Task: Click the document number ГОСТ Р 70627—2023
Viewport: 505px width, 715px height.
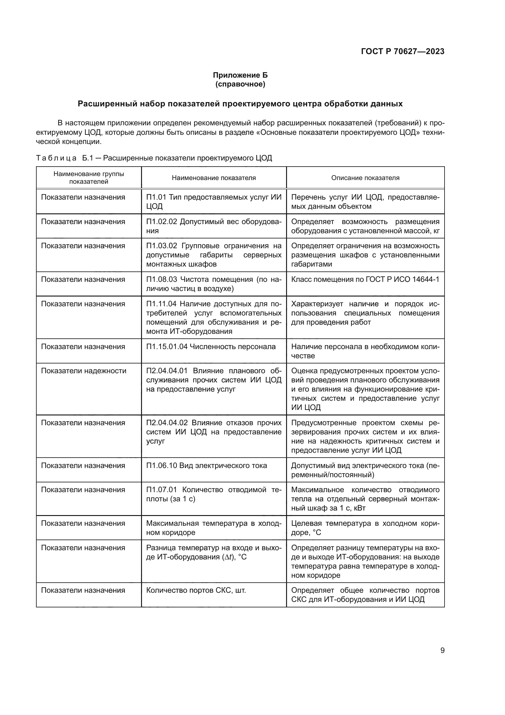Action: tap(402, 52)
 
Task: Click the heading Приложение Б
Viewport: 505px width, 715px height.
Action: tap(240, 75)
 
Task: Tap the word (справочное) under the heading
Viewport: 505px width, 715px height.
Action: tap(240, 84)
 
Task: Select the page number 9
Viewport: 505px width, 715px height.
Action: tap(442, 650)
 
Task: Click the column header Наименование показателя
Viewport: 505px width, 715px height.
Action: tap(214, 178)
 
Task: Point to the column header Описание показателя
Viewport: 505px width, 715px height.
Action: tap(365, 178)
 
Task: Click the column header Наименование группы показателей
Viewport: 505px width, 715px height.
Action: tap(89, 178)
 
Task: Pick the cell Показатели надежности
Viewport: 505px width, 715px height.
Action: tap(84, 370)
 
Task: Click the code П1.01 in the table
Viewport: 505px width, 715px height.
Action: tap(157, 197)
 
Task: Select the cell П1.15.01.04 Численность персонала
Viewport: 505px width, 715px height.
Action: tap(211, 347)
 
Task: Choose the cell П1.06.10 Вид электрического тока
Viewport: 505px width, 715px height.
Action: tap(206, 466)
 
